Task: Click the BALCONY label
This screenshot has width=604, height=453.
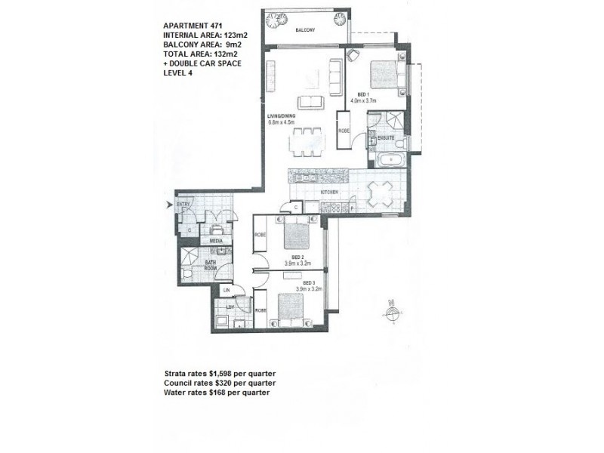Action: (305, 32)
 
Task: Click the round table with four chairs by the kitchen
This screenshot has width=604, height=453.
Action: (378, 193)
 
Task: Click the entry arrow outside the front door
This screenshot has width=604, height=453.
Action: (169, 205)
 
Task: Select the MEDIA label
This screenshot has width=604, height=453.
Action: (216, 240)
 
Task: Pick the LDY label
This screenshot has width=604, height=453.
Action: (224, 309)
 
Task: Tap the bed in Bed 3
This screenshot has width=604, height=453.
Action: (290, 307)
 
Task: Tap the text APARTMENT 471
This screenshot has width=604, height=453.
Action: (189, 25)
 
